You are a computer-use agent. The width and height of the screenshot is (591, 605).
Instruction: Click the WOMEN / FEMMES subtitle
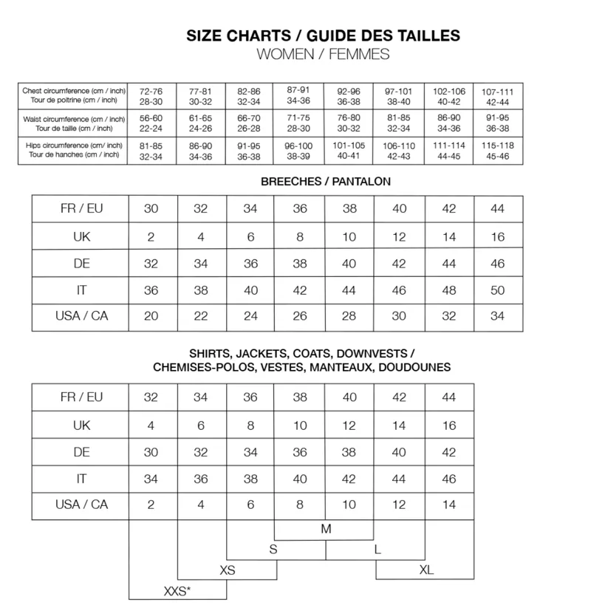pyautogui.click(x=322, y=54)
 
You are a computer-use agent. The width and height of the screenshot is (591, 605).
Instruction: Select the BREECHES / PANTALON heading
pyautogui.click(x=326, y=181)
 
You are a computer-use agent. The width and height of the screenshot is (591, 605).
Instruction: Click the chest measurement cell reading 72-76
pyautogui.click(x=151, y=95)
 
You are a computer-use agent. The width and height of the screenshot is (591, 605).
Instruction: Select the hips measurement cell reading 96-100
pyautogui.click(x=299, y=151)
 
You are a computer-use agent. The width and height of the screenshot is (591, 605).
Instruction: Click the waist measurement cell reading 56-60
pyautogui.click(x=151, y=123)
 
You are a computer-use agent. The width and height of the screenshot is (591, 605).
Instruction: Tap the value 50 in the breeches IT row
pyautogui.click(x=497, y=290)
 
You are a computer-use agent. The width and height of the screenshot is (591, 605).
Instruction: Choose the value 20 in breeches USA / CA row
pyautogui.click(x=151, y=317)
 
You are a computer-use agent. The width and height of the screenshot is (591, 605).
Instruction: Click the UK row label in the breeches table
pyautogui.click(x=81, y=236)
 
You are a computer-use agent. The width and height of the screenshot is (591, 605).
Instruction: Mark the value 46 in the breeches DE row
pyautogui.click(x=497, y=264)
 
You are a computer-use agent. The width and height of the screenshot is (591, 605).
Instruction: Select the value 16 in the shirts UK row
pyautogui.click(x=448, y=425)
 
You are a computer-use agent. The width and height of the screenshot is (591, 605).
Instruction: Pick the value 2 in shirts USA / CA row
pyautogui.click(x=151, y=505)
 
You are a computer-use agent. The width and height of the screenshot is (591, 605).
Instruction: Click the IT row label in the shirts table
pyautogui.click(x=81, y=479)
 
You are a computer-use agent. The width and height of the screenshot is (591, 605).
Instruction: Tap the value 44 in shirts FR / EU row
pyautogui.click(x=448, y=397)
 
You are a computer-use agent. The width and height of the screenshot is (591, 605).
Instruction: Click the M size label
pyautogui.click(x=326, y=529)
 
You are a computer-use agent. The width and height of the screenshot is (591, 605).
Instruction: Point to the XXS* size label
pyautogui.click(x=177, y=591)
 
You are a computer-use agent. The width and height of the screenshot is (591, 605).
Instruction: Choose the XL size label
pyautogui.click(x=426, y=570)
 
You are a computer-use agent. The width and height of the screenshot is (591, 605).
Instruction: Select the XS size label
pyautogui.click(x=228, y=570)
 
